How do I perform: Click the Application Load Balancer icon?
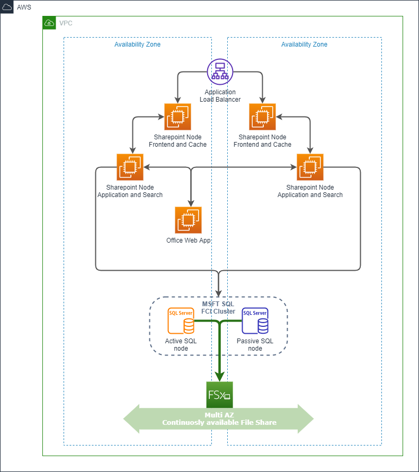(220, 72)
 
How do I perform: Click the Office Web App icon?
(188, 220)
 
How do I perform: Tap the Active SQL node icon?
(181, 320)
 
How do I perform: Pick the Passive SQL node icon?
(255, 320)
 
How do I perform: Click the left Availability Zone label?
(137, 44)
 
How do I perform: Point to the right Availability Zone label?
(304, 44)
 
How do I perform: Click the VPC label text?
(66, 23)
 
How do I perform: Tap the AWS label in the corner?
(24, 7)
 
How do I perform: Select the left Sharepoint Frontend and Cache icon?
(177, 117)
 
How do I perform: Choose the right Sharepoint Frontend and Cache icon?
(262, 117)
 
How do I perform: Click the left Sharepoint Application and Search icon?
(130, 167)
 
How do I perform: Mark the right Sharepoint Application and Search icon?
(310, 167)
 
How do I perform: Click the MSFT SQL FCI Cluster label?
(218, 307)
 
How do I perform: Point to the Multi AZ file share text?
(219, 419)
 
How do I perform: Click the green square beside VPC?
(49, 23)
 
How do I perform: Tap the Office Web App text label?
(188, 241)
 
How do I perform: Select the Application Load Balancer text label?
(220, 96)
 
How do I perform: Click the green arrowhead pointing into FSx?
(219, 376)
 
